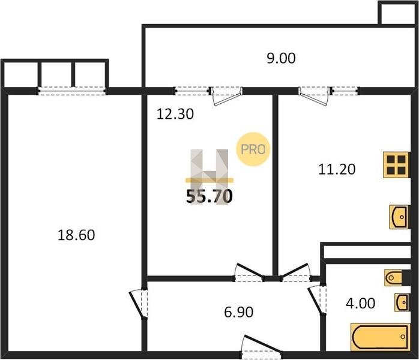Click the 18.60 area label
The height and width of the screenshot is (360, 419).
[76, 235]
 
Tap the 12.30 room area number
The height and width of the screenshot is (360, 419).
[175, 114]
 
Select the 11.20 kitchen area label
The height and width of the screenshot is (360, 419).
[337, 169]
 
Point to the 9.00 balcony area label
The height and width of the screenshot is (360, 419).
[281, 58]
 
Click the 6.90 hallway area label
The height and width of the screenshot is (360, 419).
[239, 312]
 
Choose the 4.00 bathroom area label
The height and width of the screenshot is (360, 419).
[361, 304]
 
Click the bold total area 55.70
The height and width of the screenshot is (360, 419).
[209, 196]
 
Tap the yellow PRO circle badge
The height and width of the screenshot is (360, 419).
[253, 149]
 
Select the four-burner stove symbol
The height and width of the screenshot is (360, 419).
[396, 165]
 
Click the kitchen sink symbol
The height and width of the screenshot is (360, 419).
[399, 217]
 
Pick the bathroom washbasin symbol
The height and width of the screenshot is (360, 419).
[402, 302]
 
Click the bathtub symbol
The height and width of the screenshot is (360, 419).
[380, 337]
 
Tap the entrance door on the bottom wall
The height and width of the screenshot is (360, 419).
[261, 347]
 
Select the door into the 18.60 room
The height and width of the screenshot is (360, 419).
[139, 304]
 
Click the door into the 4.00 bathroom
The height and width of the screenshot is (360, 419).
[317, 300]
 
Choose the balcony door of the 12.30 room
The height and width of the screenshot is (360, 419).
[226, 95]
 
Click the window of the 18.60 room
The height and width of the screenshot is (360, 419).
[72, 91]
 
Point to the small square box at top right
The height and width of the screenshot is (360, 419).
[398, 13]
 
